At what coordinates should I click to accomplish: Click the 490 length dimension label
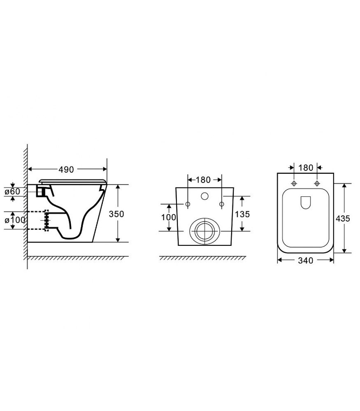pyautogui.click(x=66, y=170)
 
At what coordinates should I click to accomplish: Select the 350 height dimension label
pyautogui.click(x=116, y=214)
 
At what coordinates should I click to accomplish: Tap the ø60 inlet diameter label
pyautogui.click(x=12, y=192)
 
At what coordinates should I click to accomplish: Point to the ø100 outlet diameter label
pyautogui.click(x=15, y=219)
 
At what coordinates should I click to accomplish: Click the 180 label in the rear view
pyautogui.click(x=203, y=180)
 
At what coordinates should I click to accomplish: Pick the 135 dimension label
pyautogui.click(x=242, y=214)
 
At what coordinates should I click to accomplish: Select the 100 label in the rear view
pyautogui.click(x=168, y=217)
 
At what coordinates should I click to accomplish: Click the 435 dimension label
pyautogui.click(x=343, y=218)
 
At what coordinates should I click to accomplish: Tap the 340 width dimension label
pyautogui.click(x=306, y=261)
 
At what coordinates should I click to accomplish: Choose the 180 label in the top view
pyautogui.click(x=306, y=168)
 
